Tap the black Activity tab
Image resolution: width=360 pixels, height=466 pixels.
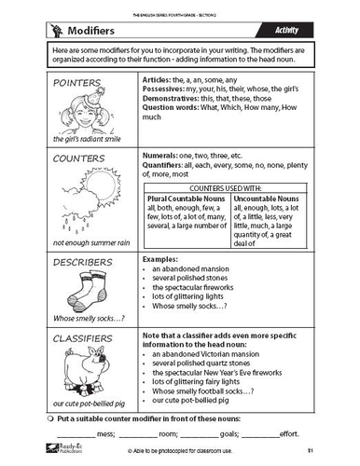309,31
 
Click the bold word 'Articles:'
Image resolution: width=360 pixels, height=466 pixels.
159,80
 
